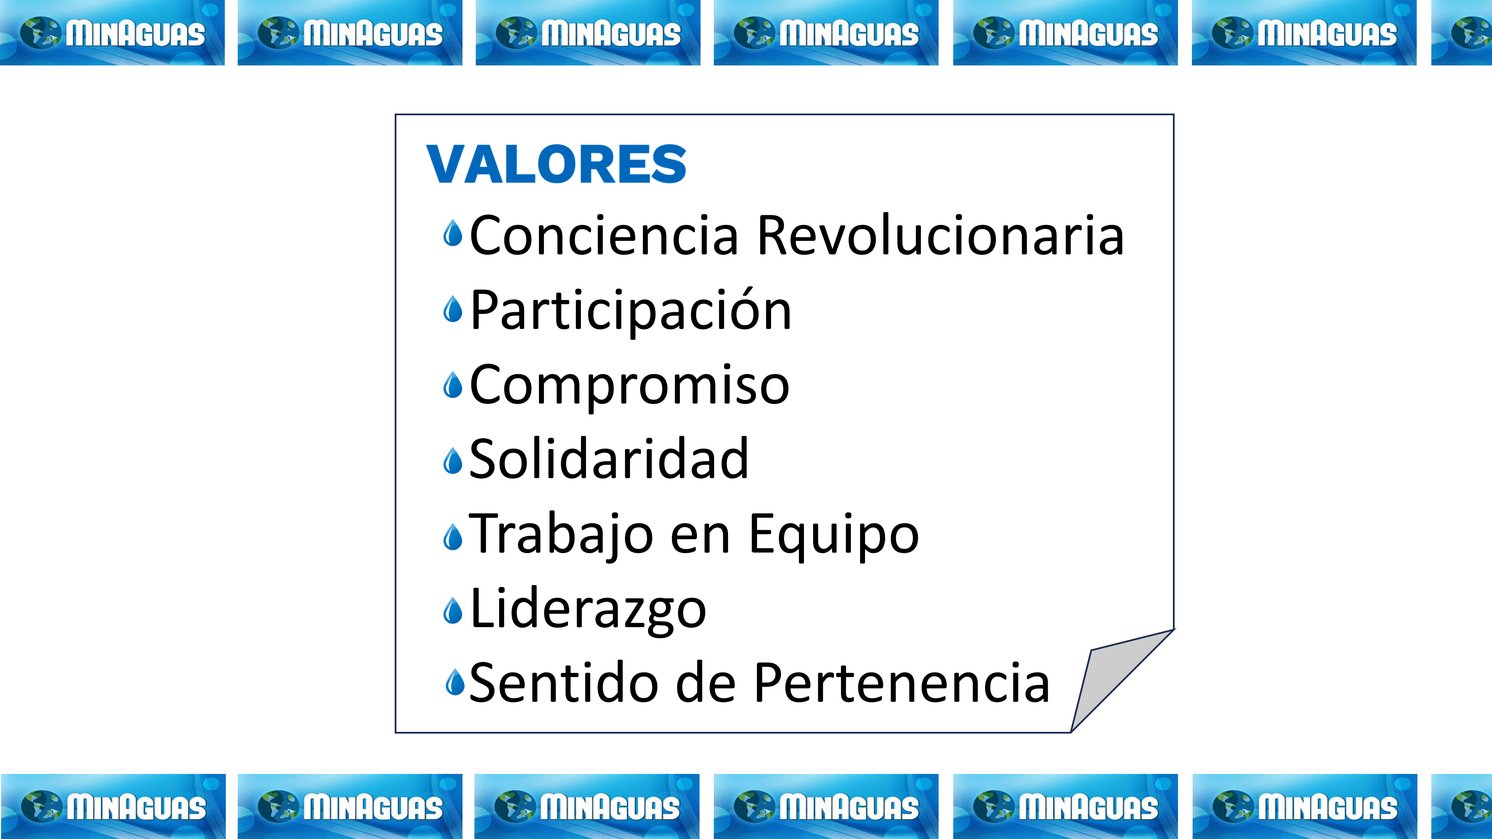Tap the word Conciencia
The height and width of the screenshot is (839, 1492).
(604, 235)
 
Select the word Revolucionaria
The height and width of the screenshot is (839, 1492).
(941, 235)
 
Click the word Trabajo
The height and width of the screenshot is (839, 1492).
(561, 535)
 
